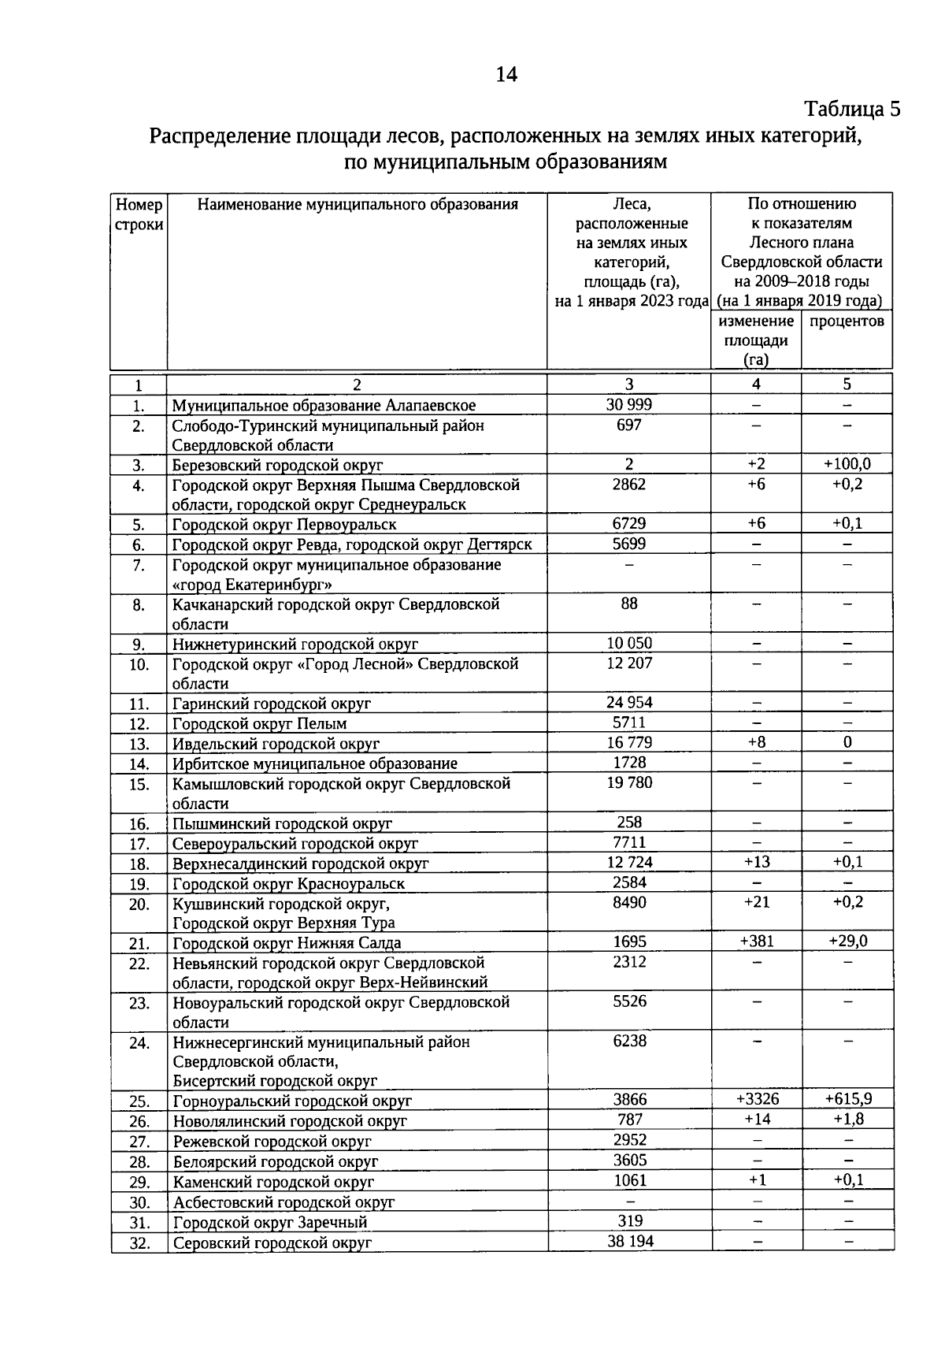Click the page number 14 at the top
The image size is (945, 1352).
(506, 75)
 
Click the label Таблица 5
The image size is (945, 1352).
(851, 109)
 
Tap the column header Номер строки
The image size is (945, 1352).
(139, 214)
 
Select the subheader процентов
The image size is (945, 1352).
(847, 321)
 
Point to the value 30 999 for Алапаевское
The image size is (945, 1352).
(628, 405)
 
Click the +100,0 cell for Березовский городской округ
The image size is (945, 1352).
(847, 464)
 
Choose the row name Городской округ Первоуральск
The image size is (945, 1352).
(284, 525)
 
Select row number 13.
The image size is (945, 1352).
(139, 744)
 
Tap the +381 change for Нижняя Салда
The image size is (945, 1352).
(756, 942)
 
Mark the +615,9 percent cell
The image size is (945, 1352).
(847, 1099)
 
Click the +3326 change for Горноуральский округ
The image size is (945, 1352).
(757, 1099)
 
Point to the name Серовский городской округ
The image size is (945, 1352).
(272, 1242)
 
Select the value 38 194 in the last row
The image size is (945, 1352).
(629, 1241)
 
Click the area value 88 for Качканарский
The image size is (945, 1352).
(628, 604)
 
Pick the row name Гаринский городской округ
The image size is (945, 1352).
(272, 704)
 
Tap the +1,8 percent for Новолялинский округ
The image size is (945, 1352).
(847, 1120)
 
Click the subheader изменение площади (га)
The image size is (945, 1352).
(756, 340)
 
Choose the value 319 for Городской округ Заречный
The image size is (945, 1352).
(629, 1221)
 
